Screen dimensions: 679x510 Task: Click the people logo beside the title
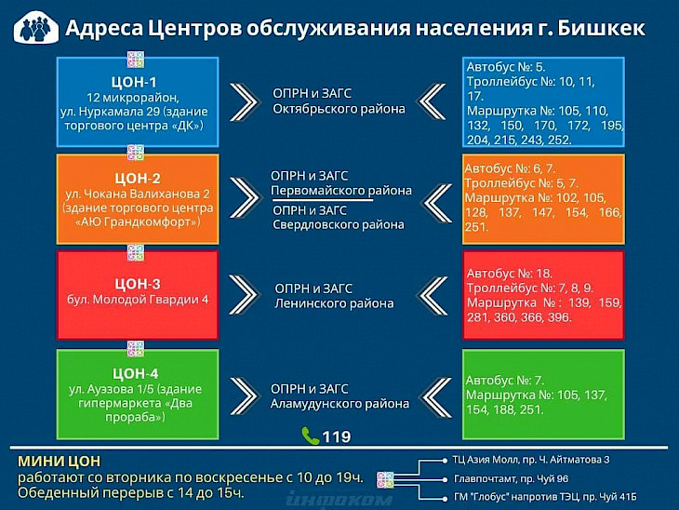(36, 27)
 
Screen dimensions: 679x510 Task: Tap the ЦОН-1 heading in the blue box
(134, 82)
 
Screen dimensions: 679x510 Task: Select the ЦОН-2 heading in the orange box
(138, 178)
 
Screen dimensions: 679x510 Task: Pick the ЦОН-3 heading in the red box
(138, 284)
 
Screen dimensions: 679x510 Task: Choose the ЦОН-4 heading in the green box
(135, 373)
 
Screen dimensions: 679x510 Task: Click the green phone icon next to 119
(311, 436)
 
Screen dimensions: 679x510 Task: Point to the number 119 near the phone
(337, 436)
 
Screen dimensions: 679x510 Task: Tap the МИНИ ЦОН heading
(59, 461)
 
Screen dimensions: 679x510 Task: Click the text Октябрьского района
(339, 108)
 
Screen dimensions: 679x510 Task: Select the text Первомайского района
(341, 191)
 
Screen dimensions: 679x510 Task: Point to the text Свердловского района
(339, 224)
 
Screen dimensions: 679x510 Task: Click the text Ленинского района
(334, 302)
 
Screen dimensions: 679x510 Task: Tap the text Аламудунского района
(339, 404)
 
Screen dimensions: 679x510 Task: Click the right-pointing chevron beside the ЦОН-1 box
(245, 101)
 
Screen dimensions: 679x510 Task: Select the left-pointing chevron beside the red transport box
(433, 296)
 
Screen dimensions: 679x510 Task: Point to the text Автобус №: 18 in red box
(510, 274)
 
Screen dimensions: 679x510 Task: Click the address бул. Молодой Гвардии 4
(138, 300)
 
